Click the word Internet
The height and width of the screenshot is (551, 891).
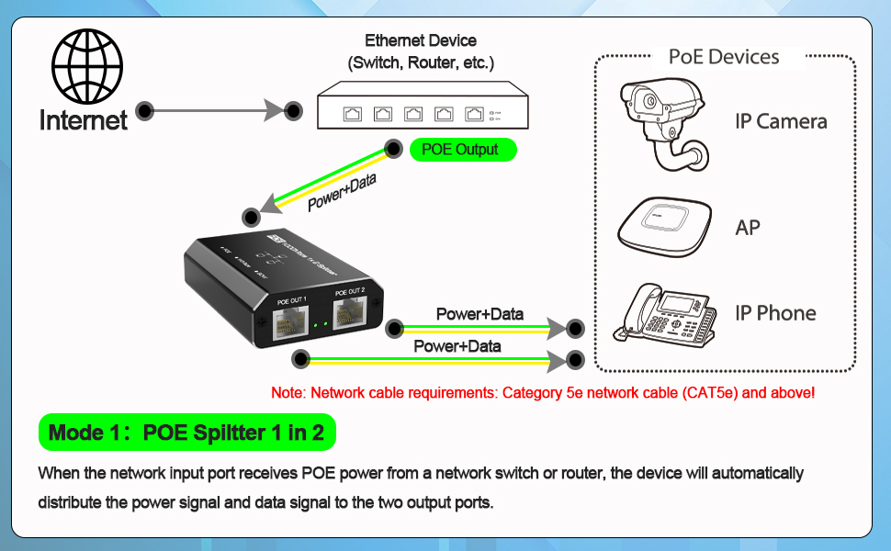click(x=84, y=119)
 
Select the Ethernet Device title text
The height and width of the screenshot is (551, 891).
click(x=421, y=40)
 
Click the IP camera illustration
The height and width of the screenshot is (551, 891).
click(x=663, y=121)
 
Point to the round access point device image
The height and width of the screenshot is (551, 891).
click(x=664, y=226)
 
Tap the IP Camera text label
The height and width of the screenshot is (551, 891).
click(x=781, y=121)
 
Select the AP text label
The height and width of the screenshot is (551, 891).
click(x=748, y=227)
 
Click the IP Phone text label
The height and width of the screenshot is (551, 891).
click(x=775, y=313)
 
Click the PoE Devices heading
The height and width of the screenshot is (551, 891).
click(x=724, y=57)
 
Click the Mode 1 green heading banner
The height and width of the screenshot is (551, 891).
click(x=186, y=433)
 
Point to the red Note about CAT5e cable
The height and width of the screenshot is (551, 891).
click(x=543, y=393)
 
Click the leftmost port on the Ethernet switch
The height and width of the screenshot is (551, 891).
click(x=353, y=114)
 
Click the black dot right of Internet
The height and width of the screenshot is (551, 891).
click(x=144, y=111)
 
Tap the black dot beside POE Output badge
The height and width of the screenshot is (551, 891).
click(x=393, y=149)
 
